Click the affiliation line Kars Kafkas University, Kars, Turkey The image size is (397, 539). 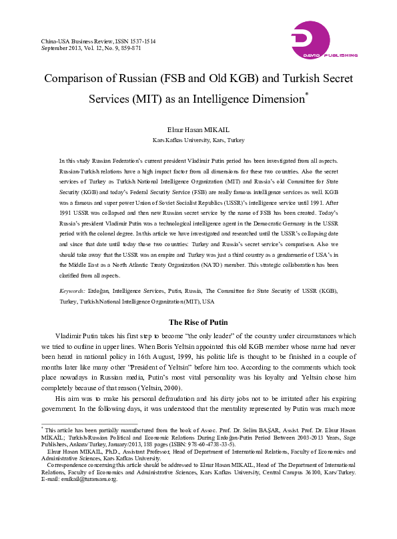click(198, 141)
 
